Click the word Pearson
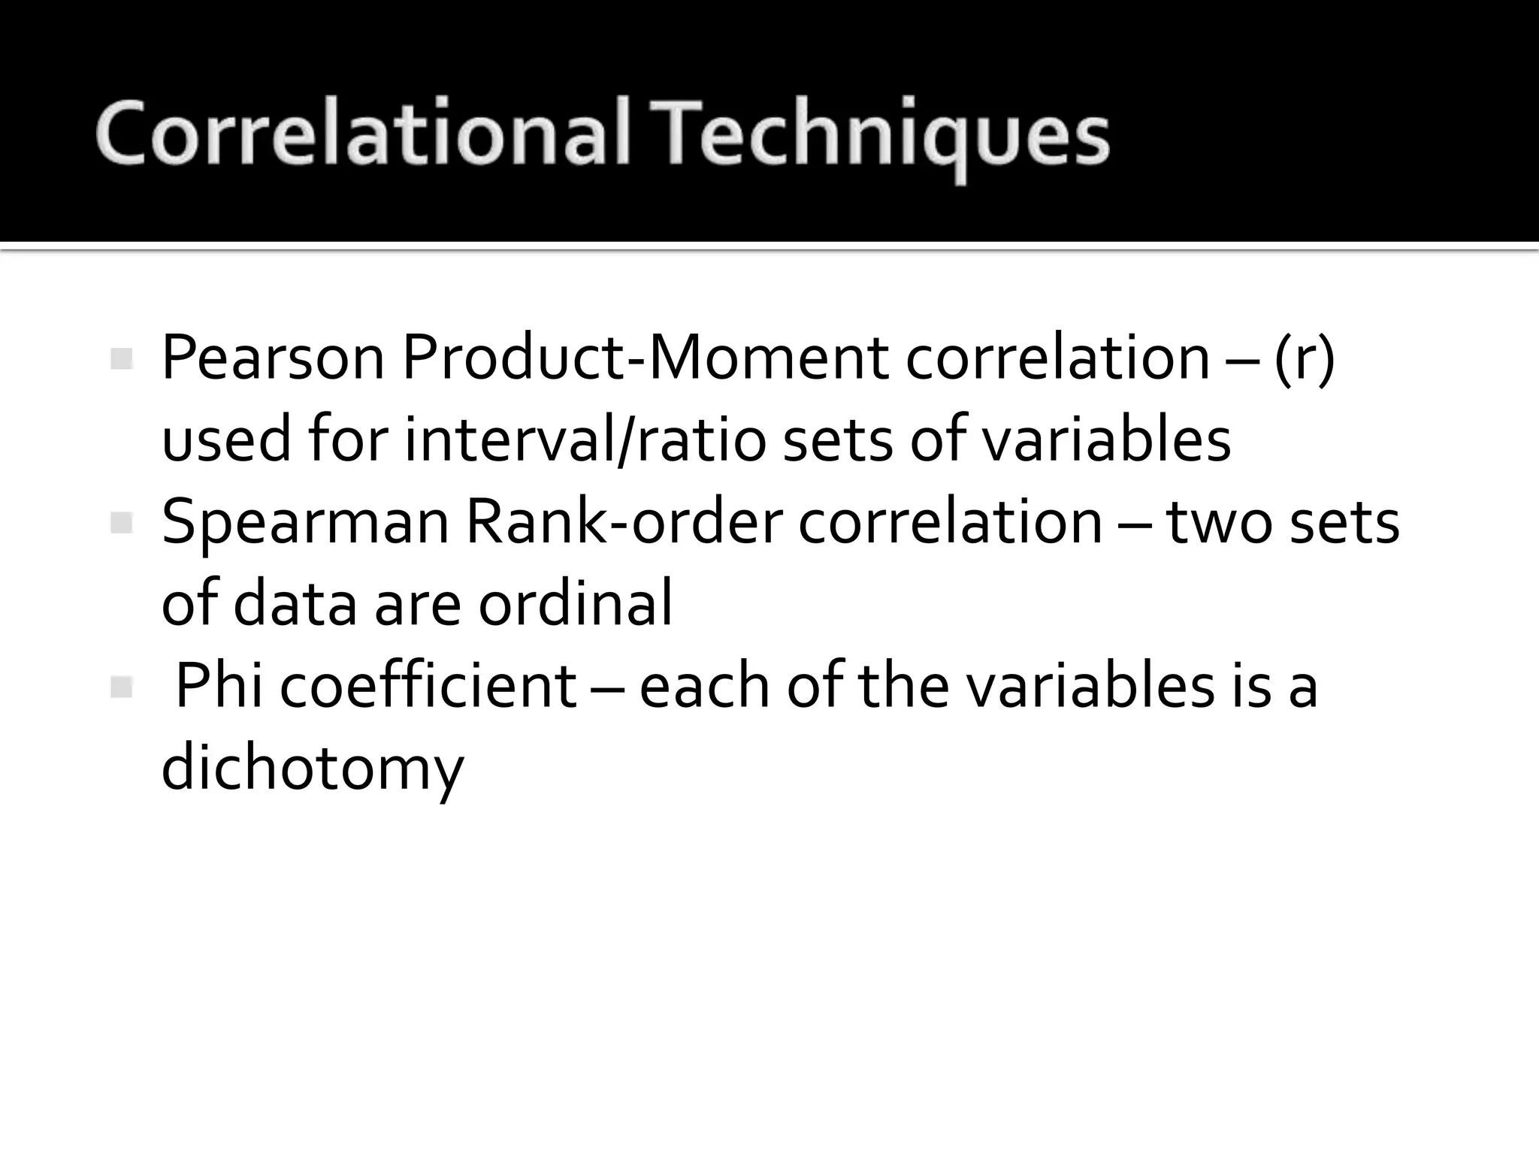point(273,358)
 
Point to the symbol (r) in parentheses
point(1305,358)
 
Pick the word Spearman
point(304,523)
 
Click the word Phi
point(219,687)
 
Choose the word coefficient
point(428,687)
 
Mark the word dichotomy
point(313,769)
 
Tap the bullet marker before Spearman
point(121,523)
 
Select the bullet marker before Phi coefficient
point(121,687)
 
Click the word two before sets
point(1219,523)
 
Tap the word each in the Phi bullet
point(704,687)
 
